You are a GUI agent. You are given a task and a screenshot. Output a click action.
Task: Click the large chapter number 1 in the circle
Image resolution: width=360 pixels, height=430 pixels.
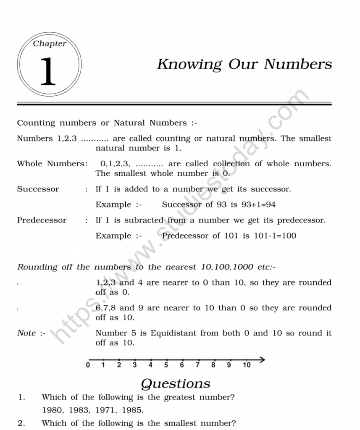(48, 72)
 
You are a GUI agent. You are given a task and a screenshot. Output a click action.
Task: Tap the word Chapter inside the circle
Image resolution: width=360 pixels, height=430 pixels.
(50, 44)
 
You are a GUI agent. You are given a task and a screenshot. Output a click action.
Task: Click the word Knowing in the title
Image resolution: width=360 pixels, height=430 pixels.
(189, 64)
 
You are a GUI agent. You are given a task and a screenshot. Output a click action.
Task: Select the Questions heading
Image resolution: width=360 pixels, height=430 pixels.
(176, 383)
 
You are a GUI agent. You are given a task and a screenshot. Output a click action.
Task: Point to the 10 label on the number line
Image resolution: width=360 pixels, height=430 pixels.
(247, 365)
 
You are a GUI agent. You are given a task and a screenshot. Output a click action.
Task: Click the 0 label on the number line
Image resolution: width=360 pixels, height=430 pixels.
(88, 365)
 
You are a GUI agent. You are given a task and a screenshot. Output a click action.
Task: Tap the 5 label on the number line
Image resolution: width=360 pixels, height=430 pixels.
(166, 365)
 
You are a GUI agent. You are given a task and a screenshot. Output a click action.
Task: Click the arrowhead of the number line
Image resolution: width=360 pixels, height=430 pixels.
(262, 359)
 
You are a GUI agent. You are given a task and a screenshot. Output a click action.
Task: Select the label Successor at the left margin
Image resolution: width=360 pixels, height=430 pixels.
(38, 189)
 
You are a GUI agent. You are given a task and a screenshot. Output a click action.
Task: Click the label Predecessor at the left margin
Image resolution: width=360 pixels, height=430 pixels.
(42, 220)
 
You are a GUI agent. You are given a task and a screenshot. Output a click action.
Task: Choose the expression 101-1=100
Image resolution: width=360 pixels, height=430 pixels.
(275, 236)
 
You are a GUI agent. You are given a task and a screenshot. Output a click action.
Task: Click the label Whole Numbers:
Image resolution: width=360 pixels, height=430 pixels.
(52, 164)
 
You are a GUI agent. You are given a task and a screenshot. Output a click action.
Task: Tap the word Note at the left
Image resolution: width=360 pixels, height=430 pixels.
(26, 333)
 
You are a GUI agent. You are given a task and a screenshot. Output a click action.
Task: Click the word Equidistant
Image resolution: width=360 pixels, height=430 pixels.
(173, 333)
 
